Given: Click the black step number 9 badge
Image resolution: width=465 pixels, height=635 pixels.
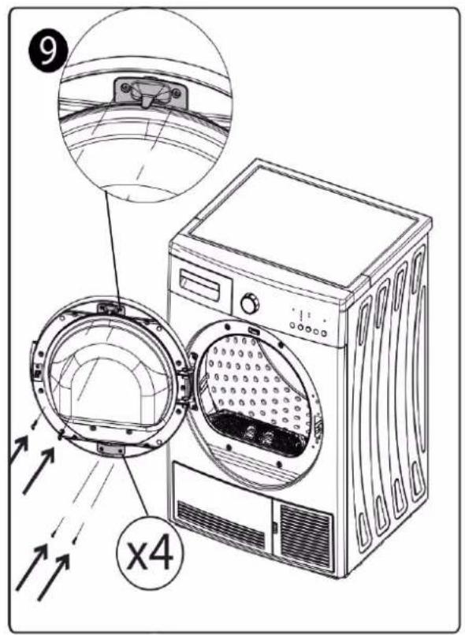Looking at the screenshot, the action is tap(48, 50).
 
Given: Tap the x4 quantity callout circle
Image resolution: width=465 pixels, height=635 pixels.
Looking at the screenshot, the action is tap(151, 554).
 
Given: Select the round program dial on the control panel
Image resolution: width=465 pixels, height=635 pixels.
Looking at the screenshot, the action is tap(250, 304).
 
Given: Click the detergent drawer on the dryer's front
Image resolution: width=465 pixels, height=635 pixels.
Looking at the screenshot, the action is tap(199, 285).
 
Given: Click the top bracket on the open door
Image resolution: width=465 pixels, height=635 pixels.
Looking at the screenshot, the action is tap(110, 309).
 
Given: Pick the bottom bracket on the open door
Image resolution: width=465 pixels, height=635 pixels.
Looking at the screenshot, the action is tap(110, 448).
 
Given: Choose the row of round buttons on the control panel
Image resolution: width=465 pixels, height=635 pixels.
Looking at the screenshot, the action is tap(308, 329).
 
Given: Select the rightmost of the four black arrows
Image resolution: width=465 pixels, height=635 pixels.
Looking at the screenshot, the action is tap(54, 577).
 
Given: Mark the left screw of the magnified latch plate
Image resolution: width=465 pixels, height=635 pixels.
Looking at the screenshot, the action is tap(125, 87).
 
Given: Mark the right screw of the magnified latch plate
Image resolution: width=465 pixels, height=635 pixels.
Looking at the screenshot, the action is tap(177, 94).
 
